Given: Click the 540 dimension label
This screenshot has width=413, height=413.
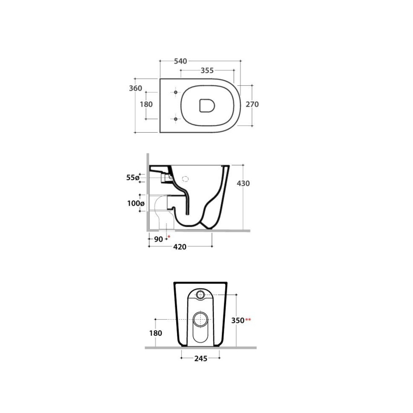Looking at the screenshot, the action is pyautogui.click(x=180, y=61).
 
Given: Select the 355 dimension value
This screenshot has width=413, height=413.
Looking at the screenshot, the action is pyautogui.click(x=207, y=71).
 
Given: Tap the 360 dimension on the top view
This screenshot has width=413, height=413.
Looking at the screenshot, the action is pyautogui.click(x=135, y=88).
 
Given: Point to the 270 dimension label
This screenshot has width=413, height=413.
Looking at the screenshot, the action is pyautogui.click(x=252, y=104).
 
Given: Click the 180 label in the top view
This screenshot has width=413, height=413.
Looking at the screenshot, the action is pyautogui.click(x=146, y=104).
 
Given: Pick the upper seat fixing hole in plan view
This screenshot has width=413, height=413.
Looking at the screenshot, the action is pyautogui.click(x=176, y=92).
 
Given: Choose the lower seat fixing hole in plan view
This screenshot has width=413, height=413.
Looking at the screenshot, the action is pyautogui.click(x=176, y=119).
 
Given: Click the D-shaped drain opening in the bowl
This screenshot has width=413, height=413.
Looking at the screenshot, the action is pyautogui.click(x=207, y=106).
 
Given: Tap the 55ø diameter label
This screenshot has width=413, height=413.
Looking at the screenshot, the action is pyautogui.click(x=132, y=178).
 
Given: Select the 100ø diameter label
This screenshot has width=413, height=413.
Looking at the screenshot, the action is pyautogui.click(x=136, y=203).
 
